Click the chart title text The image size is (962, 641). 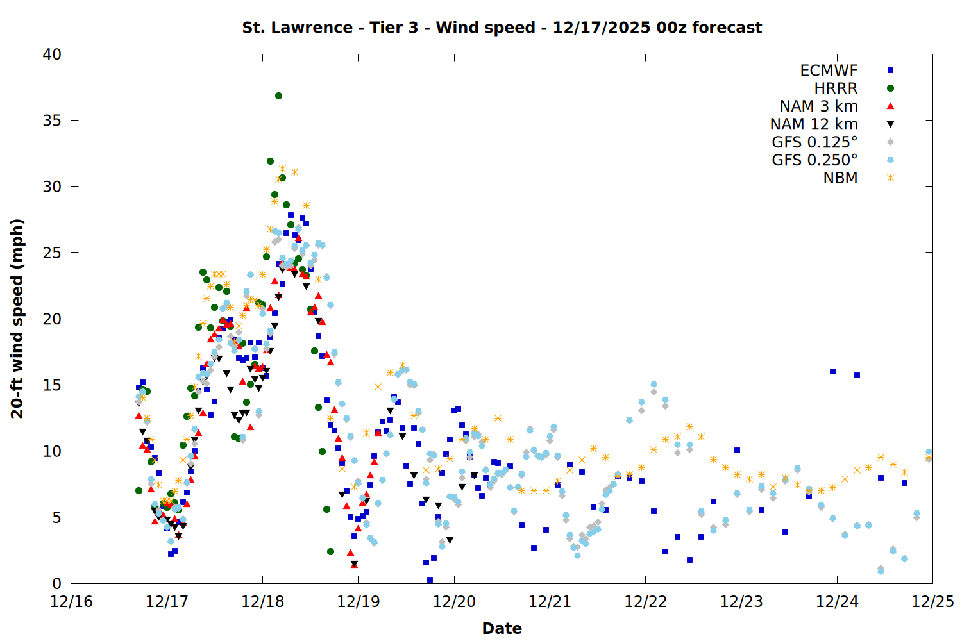click(x=502, y=28)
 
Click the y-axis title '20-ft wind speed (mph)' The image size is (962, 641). click(x=17, y=319)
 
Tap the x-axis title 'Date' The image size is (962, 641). click(x=502, y=628)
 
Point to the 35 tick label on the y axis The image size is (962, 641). click(x=52, y=120)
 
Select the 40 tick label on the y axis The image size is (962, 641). click(x=52, y=54)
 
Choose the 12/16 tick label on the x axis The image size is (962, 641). click(x=71, y=602)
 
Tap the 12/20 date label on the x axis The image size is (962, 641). click(x=454, y=602)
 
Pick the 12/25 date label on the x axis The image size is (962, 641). click(x=932, y=602)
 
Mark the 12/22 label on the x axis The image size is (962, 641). click(x=645, y=602)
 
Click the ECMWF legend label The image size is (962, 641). click(x=829, y=71)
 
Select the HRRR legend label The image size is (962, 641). click(x=836, y=88)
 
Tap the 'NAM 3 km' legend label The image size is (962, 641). click(x=818, y=106)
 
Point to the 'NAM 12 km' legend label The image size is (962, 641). click(x=814, y=124)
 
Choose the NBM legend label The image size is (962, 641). click(x=840, y=178)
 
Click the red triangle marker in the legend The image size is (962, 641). click(x=890, y=106)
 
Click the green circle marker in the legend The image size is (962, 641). click(x=890, y=88)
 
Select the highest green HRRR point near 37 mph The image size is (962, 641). click(x=278, y=96)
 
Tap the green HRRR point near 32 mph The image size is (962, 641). click(x=270, y=162)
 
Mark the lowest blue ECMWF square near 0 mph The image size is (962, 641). click(x=430, y=579)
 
